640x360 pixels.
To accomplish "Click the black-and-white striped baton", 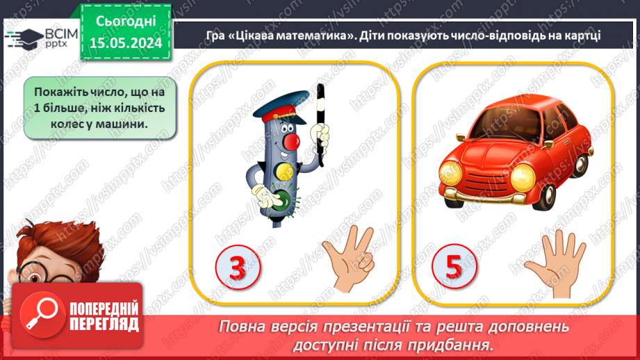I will (320, 125).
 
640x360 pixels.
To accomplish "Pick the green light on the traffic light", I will (281, 197).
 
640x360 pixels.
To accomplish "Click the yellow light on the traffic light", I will (281, 170).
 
